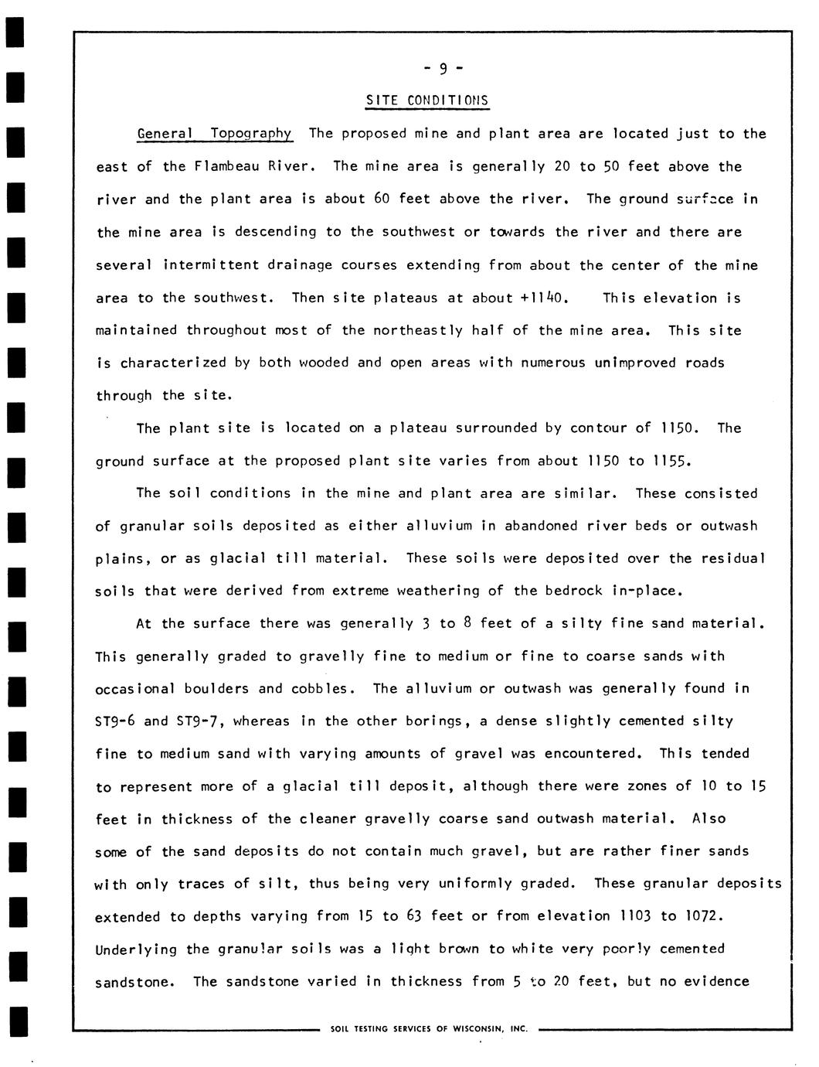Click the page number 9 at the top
[443, 69]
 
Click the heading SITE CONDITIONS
[427, 101]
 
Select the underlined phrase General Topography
[214, 133]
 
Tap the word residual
[732, 558]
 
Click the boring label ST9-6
[115, 721]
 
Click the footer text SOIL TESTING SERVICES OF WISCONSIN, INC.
[428, 1028]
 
